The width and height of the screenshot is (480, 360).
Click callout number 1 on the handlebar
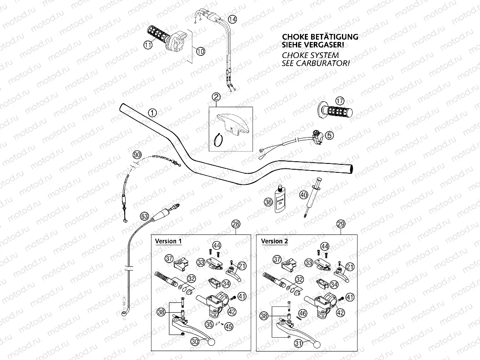coord(153,113)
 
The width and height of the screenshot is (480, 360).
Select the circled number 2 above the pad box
coord(216,97)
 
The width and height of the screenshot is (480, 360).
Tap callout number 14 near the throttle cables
coord(232,19)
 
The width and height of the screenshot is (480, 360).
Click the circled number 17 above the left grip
coord(340,100)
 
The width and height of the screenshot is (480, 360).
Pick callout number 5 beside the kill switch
coord(329,135)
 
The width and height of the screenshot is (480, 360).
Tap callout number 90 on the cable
coord(137,155)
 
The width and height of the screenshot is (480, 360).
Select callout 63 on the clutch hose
coord(144,217)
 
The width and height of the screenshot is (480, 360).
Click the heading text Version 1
coord(168,241)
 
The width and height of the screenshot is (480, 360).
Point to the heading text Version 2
coord(274,241)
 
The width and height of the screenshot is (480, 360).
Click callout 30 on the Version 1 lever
coord(195,341)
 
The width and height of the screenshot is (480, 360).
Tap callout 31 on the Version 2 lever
coord(299,343)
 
